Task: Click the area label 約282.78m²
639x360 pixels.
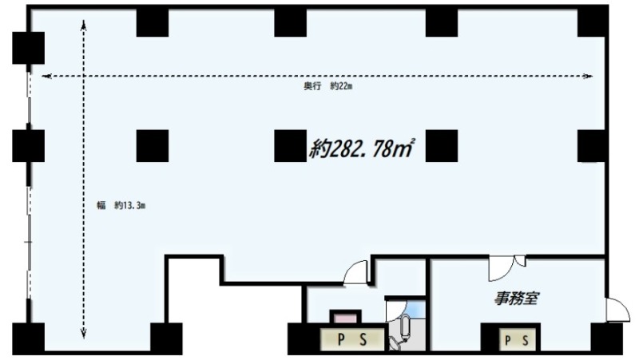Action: [x=362, y=148]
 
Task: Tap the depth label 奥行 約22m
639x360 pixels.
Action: [x=327, y=86]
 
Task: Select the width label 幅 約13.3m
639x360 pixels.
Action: [x=121, y=205]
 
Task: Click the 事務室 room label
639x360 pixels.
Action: [x=517, y=299]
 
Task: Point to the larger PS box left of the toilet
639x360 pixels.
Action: [x=352, y=339]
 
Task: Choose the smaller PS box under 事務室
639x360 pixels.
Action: [x=517, y=340]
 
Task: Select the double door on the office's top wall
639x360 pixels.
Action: [x=506, y=267]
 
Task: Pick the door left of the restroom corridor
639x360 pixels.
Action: [x=356, y=272]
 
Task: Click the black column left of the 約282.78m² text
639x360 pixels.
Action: [x=290, y=146]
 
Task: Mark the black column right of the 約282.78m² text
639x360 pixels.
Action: [x=442, y=146]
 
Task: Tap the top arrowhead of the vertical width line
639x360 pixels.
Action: [x=84, y=26]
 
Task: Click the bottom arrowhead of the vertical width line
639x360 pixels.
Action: [x=84, y=334]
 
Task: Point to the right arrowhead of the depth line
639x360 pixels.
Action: [x=588, y=76]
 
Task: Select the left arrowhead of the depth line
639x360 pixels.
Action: [x=47, y=76]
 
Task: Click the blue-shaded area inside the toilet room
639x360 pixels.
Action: [x=415, y=309]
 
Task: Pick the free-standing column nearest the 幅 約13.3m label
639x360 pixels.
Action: [x=153, y=146]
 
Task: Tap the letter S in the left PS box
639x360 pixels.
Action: [x=363, y=339]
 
